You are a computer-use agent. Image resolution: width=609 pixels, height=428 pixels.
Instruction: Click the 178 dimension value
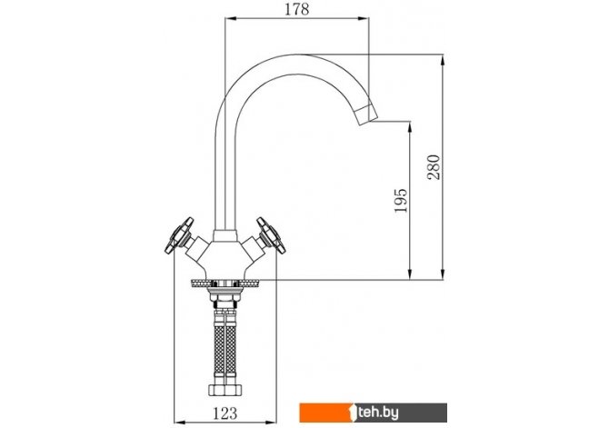tap(296, 9)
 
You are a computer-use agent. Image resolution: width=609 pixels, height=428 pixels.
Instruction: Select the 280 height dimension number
tap(434, 167)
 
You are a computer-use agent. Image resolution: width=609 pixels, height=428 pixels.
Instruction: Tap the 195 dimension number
tap(401, 201)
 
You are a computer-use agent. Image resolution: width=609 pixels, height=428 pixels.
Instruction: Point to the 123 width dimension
tap(225, 413)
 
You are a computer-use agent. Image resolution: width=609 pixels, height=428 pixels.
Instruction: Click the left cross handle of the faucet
tap(179, 235)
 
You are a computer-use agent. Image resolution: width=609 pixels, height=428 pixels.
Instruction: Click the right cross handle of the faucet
tap(271, 235)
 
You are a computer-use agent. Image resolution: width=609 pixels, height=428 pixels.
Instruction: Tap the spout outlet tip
tap(366, 115)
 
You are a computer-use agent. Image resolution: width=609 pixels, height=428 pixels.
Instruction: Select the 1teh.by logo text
tap(374, 413)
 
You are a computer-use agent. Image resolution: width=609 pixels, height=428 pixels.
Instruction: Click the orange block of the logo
tap(325, 413)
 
